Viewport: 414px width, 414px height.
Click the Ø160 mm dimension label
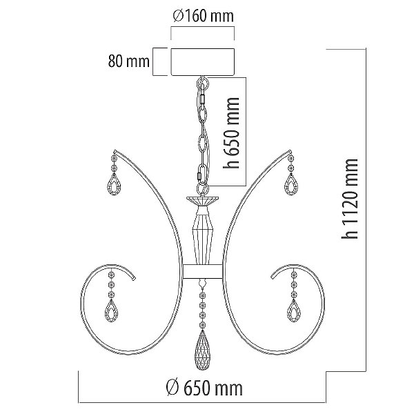tap(203, 16)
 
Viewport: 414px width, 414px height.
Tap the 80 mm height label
tap(128, 61)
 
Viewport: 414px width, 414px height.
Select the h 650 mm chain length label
tap(231, 132)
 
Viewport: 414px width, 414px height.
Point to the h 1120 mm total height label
tap(350, 199)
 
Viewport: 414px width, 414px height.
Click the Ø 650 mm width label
tap(204, 388)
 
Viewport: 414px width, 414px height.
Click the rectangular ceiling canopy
tap(203, 62)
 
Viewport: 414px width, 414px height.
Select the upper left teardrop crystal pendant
tap(114, 184)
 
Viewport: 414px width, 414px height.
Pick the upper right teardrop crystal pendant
tap(291, 184)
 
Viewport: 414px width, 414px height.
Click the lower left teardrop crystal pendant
tap(112, 311)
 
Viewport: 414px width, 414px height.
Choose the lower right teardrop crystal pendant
tap(294, 311)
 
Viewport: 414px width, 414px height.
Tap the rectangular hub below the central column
tap(203, 271)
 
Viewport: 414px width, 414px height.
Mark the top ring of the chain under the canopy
tap(202, 83)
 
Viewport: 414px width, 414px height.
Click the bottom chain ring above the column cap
tap(202, 189)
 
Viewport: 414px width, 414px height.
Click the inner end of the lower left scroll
tap(135, 278)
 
